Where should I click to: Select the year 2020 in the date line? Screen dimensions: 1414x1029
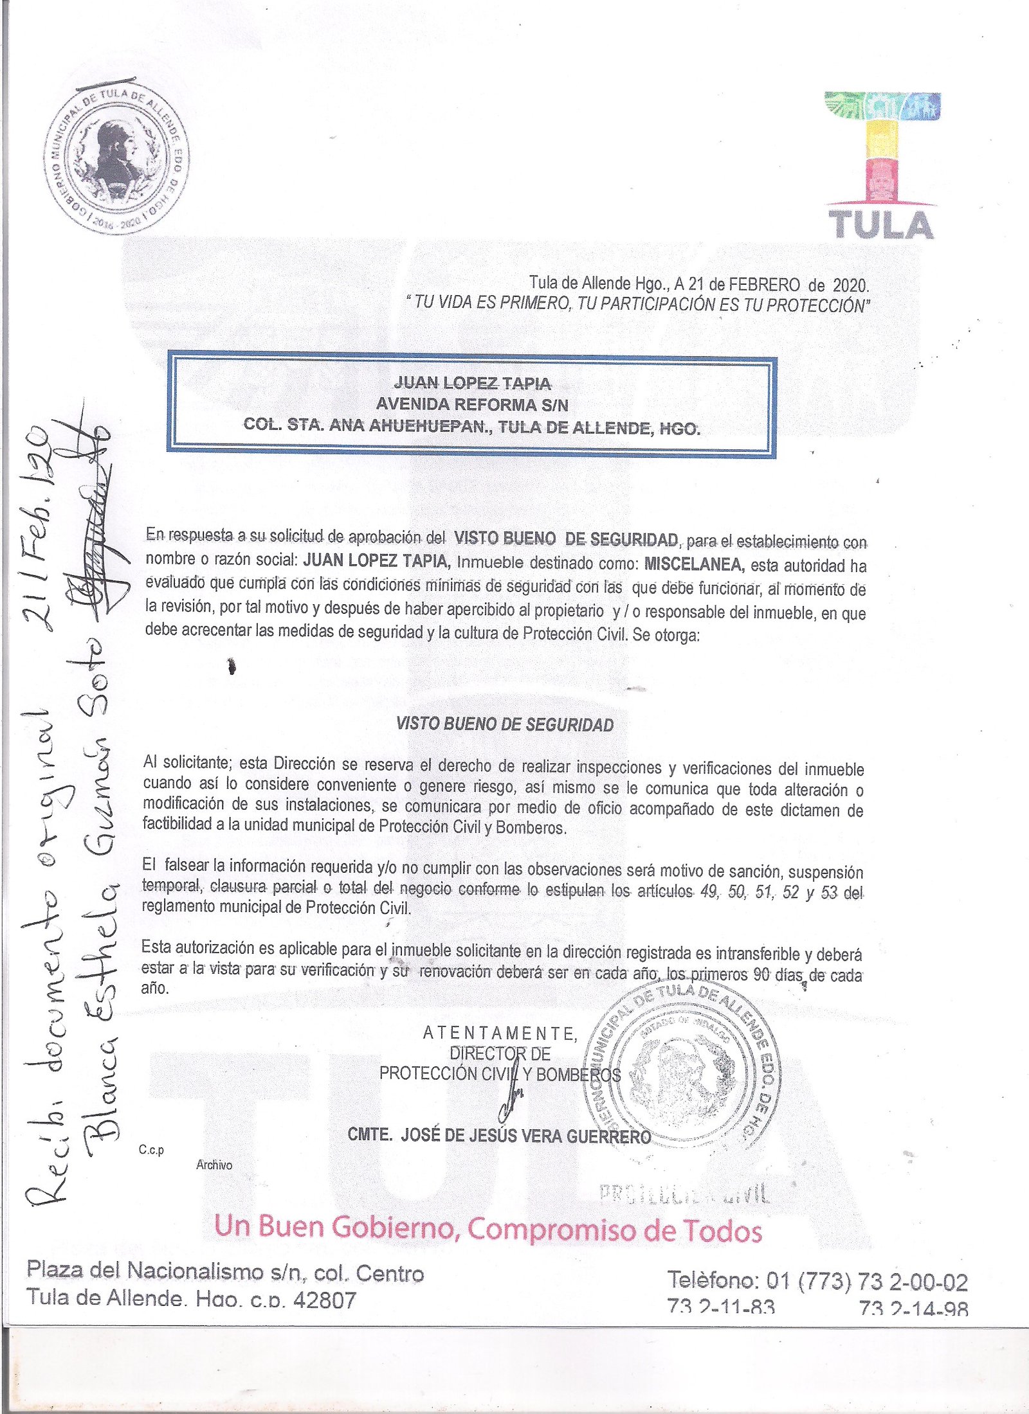[x=850, y=285]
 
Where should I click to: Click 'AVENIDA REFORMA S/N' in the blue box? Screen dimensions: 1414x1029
[x=472, y=404]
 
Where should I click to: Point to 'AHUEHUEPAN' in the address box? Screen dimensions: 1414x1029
[x=422, y=425]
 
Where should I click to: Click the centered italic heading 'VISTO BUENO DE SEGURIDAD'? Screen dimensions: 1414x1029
[x=505, y=724]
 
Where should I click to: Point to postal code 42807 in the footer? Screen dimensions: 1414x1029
[x=324, y=1300]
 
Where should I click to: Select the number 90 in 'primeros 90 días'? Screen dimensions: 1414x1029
[x=761, y=974]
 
